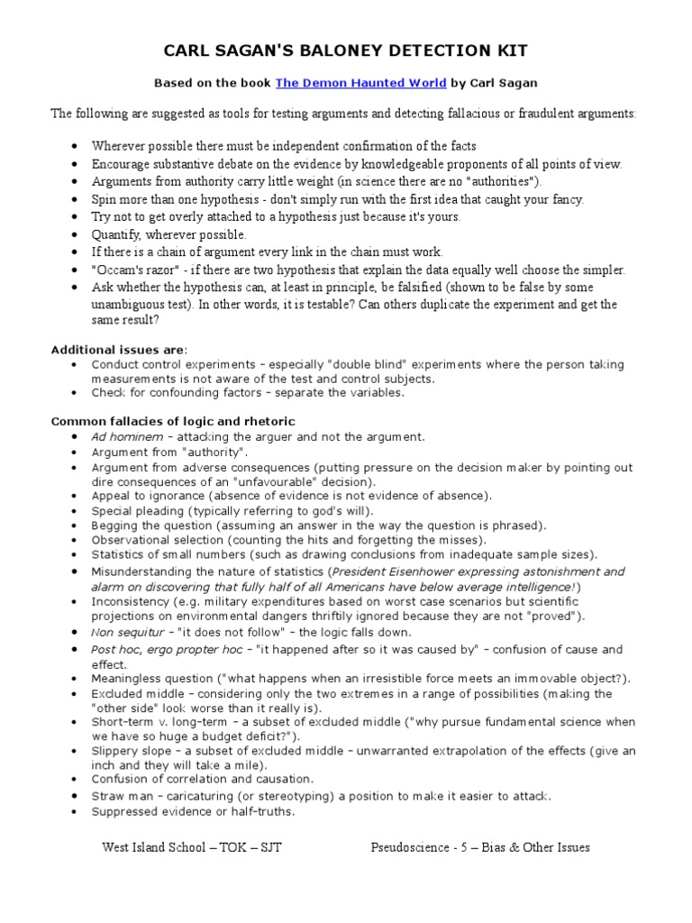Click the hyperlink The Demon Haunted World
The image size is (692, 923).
click(360, 83)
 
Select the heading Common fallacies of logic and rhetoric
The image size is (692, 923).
click(173, 421)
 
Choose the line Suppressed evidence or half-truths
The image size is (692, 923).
click(193, 811)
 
